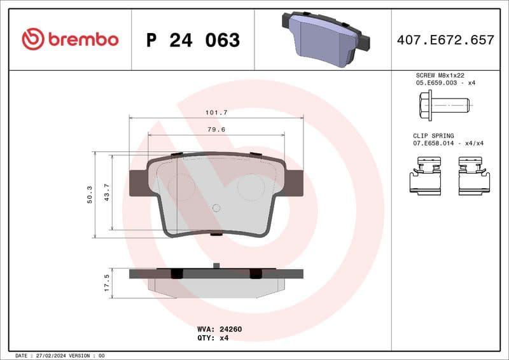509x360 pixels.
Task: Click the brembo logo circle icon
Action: tap(33, 39)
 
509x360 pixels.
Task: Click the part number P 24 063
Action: tap(193, 40)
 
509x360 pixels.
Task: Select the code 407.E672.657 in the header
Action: tap(445, 40)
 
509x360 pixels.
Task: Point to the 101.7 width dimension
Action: tap(216, 112)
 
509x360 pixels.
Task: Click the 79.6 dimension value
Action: tap(216, 129)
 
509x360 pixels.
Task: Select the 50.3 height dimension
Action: tap(90, 195)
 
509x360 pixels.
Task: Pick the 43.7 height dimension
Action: tap(107, 191)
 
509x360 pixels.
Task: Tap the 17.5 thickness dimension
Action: tap(107, 281)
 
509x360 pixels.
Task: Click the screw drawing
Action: tap(444, 103)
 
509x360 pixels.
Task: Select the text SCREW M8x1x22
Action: tap(436, 75)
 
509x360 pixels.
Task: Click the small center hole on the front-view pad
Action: tap(216, 207)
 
